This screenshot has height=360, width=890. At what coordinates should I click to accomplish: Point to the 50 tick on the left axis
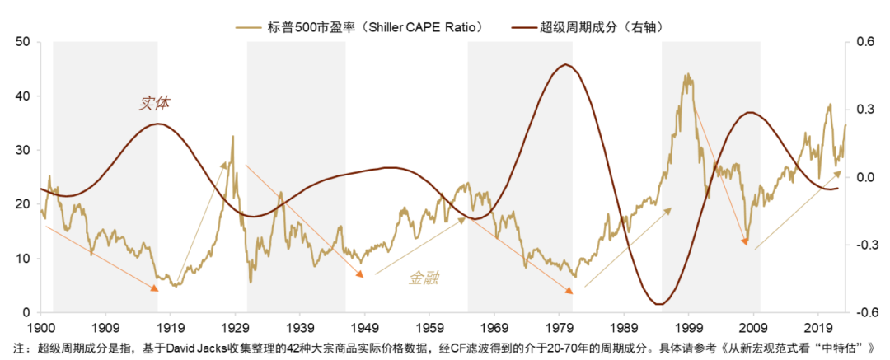tap(22, 42)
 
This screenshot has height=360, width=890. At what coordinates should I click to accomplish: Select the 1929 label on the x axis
tap(234, 326)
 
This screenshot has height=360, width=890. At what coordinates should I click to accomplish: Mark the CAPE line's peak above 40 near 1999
tap(686, 75)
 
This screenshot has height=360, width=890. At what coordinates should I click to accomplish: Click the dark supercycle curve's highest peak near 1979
tap(564, 65)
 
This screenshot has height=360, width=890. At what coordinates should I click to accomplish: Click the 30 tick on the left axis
tap(22, 151)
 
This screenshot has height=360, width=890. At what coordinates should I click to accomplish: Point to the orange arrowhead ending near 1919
tap(154, 288)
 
